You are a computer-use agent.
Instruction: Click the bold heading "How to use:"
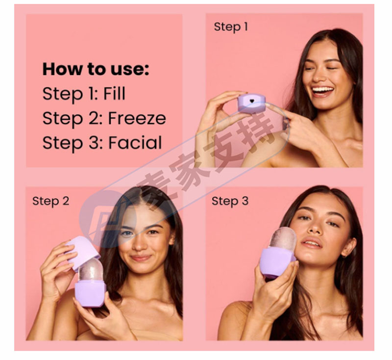click(96, 69)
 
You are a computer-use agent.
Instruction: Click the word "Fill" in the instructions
click(114, 94)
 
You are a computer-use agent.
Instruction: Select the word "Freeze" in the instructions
click(137, 118)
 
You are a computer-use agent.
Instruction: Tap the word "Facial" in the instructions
click(135, 143)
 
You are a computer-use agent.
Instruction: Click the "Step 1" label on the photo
click(231, 27)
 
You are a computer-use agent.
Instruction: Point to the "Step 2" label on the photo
click(51, 201)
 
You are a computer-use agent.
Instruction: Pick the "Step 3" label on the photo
click(230, 201)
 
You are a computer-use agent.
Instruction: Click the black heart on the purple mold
click(252, 101)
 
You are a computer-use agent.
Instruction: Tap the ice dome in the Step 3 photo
click(283, 238)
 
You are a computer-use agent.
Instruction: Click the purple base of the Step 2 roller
click(91, 293)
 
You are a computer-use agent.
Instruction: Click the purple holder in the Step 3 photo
click(277, 263)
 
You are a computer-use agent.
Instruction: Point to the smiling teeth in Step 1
click(323, 89)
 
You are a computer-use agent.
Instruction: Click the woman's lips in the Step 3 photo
click(311, 242)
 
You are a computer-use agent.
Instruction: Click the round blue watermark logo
click(108, 219)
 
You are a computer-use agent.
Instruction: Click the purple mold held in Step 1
click(251, 103)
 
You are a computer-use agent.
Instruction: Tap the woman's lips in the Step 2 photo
click(141, 258)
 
